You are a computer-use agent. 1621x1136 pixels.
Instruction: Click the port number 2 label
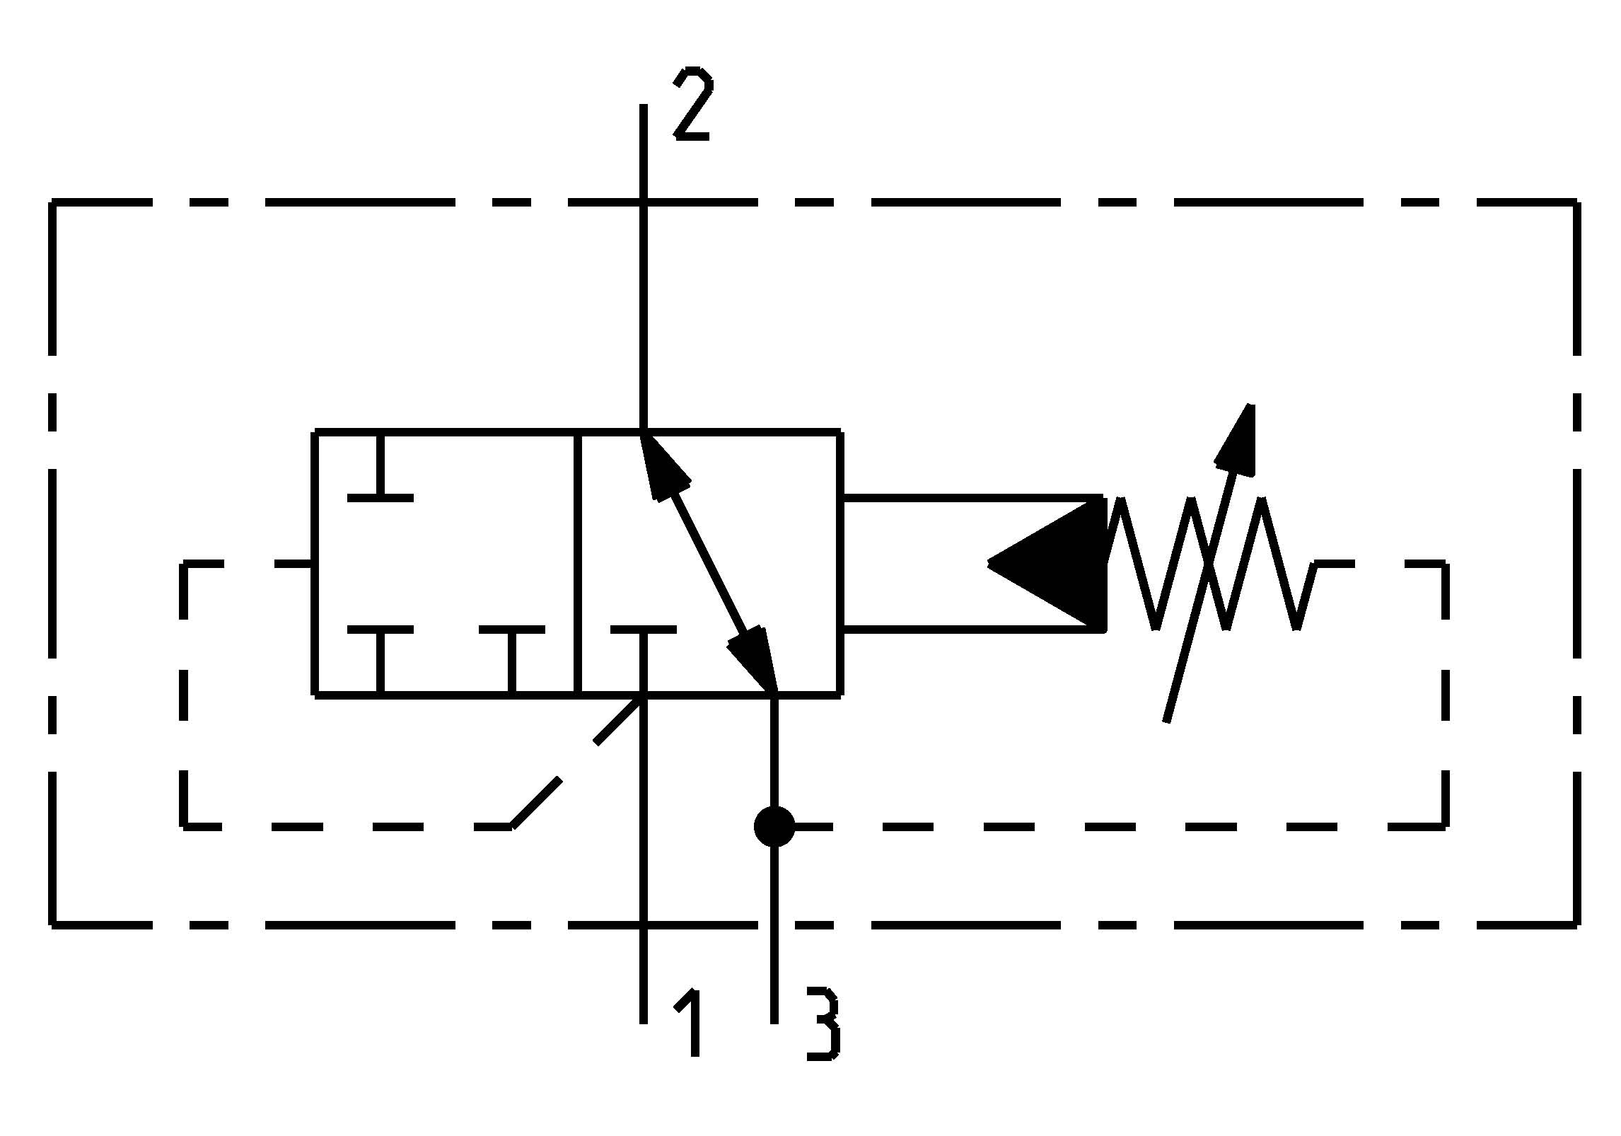pyautogui.click(x=692, y=104)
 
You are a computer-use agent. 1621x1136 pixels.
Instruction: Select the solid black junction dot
pyautogui.click(x=774, y=825)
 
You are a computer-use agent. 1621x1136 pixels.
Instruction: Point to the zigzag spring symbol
pyautogui.click(x=1209, y=564)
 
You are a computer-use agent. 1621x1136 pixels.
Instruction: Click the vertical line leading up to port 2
pyautogui.click(x=644, y=283)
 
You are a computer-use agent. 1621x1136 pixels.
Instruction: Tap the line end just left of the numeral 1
pyautogui.click(x=644, y=1019)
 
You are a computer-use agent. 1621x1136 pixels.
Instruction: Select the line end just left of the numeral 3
pyautogui.click(x=774, y=1019)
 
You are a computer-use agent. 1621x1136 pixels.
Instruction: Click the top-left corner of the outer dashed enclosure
pyautogui.click(x=52, y=203)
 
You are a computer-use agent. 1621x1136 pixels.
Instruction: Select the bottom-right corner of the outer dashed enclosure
pyautogui.click(x=1577, y=923)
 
